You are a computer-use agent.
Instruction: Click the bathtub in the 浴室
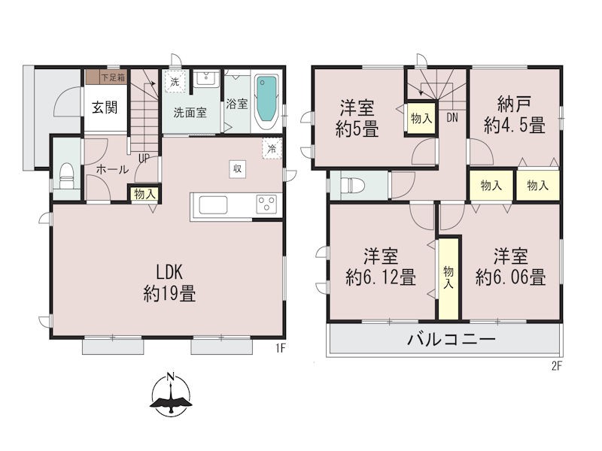point(266,101)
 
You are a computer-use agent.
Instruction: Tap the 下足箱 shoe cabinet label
point(114,77)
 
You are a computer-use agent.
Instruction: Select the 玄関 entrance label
point(105,107)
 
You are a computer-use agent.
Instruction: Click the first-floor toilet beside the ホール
point(66,176)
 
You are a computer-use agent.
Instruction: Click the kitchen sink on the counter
point(213,204)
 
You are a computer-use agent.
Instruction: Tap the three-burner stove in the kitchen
point(266,204)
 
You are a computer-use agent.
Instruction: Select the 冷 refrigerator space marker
point(272,148)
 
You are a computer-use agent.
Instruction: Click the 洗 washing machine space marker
point(175,82)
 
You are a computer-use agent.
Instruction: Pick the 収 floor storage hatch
point(238,168)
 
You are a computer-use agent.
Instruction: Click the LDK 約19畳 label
point(169,283)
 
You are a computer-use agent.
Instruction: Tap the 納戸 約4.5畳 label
point(515,114)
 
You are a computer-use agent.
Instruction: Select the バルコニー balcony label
point(452,339)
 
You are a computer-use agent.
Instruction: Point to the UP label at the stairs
point(144,158)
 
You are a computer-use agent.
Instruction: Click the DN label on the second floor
point(452,118)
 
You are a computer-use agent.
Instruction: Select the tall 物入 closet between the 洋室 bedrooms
point(448,278)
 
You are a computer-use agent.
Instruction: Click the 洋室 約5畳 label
point(357,118)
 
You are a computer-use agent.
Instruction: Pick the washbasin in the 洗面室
point(205,79)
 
